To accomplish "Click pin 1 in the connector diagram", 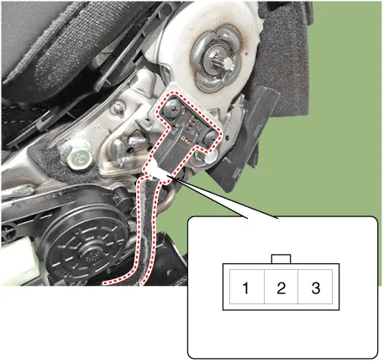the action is point(247,287).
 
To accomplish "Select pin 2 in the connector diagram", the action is point(281,287).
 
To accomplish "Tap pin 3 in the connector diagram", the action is point(315,287).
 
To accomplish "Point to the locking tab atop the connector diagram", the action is point(281,259).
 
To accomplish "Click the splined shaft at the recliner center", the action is point(221,62).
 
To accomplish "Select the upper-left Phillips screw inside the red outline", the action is point(172,107).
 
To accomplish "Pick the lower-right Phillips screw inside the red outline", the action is point(211,137).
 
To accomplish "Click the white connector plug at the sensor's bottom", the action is point(157,171).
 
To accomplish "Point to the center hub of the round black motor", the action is point(90,257).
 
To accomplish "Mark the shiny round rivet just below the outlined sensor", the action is point(210,157).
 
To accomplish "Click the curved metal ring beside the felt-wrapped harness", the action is point(166,197).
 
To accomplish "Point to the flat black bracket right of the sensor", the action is point(244,140).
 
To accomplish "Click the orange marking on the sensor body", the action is point(185,138).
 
